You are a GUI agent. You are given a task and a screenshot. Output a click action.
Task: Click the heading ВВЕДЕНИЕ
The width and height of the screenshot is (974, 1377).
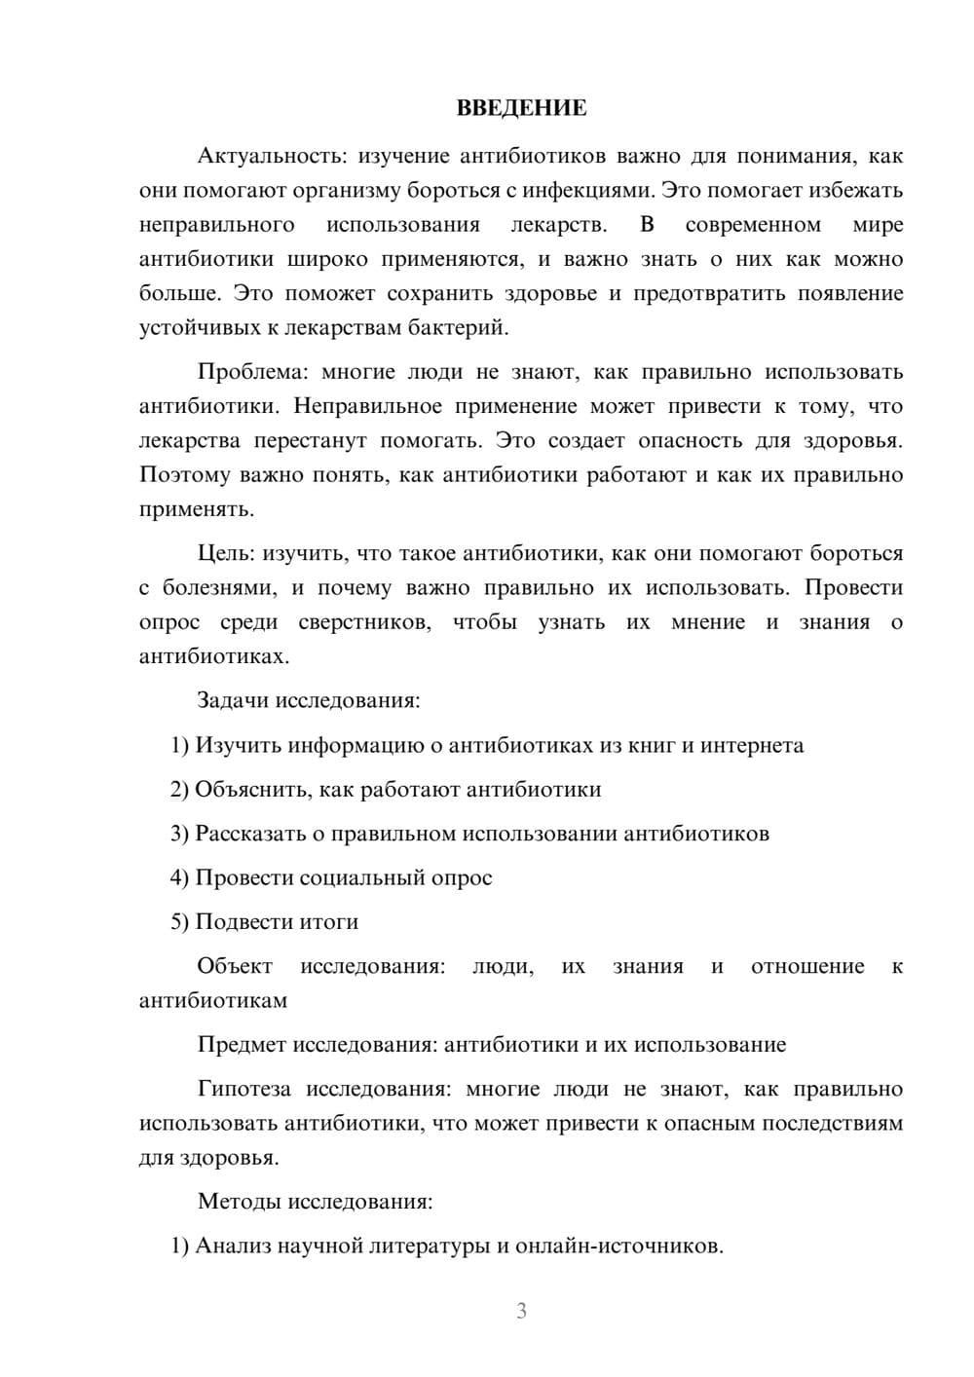point(521,108)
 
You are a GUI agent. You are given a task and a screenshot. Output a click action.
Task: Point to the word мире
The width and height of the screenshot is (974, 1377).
point(878,225)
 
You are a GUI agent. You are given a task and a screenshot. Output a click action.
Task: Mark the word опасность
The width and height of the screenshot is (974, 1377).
point(690,440)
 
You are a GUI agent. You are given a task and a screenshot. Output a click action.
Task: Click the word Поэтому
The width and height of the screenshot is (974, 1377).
point(185,475)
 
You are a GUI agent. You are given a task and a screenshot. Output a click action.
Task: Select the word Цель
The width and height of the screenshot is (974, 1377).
point(225,553)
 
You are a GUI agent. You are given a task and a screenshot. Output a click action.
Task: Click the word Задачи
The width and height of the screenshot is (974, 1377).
point(234,700)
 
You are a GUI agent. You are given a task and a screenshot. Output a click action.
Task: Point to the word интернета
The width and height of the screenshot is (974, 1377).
point(753,745)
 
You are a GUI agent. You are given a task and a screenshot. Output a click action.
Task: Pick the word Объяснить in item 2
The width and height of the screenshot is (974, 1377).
point(251,790)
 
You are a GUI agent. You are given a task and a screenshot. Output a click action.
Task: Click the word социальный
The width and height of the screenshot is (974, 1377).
point(367,877)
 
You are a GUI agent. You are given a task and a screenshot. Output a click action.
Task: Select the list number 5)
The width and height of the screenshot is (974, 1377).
point(180,921)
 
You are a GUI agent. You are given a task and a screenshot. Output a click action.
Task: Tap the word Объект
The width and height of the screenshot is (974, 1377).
point(235,966)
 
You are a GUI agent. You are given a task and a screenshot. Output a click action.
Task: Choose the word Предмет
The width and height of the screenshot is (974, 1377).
point(242,1045)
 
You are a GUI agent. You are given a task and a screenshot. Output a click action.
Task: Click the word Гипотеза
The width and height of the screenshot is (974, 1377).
point(244,1089)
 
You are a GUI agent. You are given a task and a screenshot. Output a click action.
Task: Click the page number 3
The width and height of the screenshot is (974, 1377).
point(521,1311)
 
